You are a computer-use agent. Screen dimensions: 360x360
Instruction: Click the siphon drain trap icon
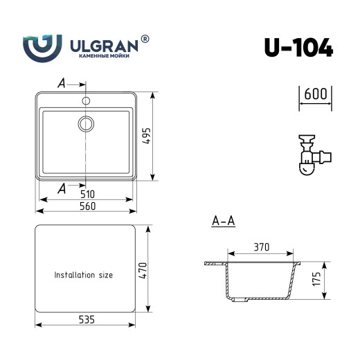click(311, 154)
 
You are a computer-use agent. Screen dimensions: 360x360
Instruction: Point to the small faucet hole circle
click(86, 101)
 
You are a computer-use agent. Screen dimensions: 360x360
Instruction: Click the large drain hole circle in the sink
click(86, 124)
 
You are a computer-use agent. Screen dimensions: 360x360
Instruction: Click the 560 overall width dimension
click(85, 206)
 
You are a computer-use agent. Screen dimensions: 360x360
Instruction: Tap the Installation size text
click(84, 275)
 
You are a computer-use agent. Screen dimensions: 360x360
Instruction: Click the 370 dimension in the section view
click(260, 247)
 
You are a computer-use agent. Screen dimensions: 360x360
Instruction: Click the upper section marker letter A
click(62, 84)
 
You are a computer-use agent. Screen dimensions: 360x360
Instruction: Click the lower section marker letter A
click(62, 188)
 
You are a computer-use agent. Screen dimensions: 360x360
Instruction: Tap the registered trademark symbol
click(145, 39)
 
